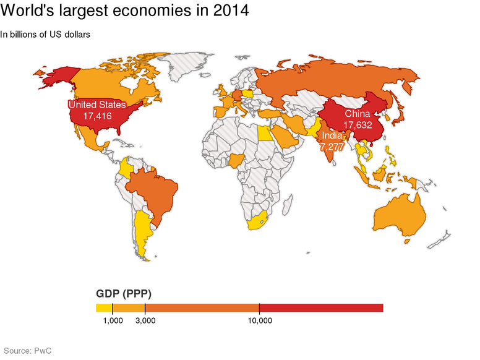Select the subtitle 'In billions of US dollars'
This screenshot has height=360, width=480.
click(x=46, y=35)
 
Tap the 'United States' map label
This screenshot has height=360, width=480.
click(x=97, y=105)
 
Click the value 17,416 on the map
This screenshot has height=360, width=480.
click(x=97, y=116)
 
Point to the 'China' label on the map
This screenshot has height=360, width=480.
click(x=358, y=114)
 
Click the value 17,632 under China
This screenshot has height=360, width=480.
click(x=358, y=124)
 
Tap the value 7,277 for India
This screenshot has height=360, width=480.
click(x=332, y=147)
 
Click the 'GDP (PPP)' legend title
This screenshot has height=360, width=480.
click(x=124, y=293)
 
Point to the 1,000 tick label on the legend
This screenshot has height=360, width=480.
click(x=113, y=320)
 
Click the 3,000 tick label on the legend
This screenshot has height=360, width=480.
click(x=145, y=320)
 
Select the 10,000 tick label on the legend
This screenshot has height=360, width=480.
click(x=260, y=320)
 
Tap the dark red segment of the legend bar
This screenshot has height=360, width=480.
click(x=322, y=308)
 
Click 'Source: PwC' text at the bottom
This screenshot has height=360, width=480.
click(x=28, y=351)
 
